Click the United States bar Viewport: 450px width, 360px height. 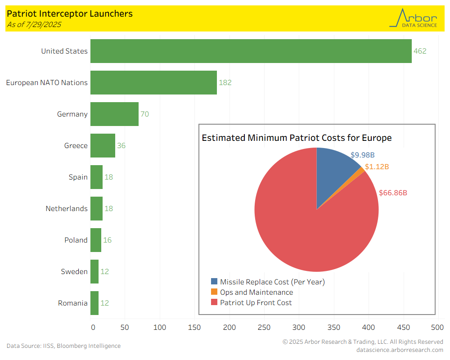251,51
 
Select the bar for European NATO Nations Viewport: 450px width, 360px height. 153,82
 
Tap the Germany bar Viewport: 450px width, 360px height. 114,114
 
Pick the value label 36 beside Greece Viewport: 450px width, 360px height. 121,146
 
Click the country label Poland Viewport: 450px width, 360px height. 76,240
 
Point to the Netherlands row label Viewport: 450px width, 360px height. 67,209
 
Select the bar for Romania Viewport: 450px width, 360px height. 94,303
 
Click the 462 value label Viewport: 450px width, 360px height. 420,51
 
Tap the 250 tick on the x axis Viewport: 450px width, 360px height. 264,328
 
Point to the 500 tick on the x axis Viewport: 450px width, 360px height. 437,328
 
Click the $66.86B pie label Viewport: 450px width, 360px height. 393,193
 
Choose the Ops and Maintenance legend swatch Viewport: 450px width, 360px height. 214,292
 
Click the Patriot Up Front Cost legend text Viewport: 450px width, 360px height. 256,303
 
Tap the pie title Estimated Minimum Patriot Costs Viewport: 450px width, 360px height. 297,138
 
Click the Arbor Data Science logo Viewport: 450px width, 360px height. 414,18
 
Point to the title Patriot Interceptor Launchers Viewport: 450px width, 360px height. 70,13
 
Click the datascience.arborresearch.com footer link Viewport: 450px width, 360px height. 400,350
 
